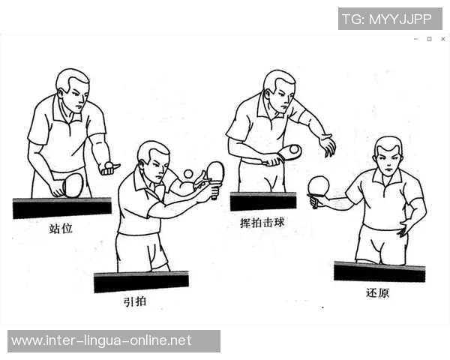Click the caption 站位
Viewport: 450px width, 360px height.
pyautogui.click(x=61, y=228)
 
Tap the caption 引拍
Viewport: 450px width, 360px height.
pyautogui.click(x=134, y=301)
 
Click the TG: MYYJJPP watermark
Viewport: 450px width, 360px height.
pyautogui.click(x=390, y=19)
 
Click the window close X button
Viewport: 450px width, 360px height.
pyautogui.click(x=442, y=39)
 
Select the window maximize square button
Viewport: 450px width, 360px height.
pyautogui.click(x=429, y=39)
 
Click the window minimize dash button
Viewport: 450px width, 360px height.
pyautogui.click(x=415, y=39)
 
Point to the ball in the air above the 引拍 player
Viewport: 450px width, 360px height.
pyautogui.click(x=187, y=173)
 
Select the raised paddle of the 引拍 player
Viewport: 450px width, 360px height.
pyautogui.click(x=214, y=172)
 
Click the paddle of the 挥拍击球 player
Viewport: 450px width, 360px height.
pyautogui.click(x=289, y=152)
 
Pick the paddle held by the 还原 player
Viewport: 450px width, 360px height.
pyautogui.click(x=319, y=185)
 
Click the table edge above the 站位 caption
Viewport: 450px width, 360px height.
pyautogui.click(x=61, y=208)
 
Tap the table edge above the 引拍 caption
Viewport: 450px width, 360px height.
pyautogui.click(x=140, y=282)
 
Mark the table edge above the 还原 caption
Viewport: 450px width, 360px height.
pyautogui.click(x=379, y=271)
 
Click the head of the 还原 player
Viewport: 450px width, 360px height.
pyautogui.click(x=388, y=156)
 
